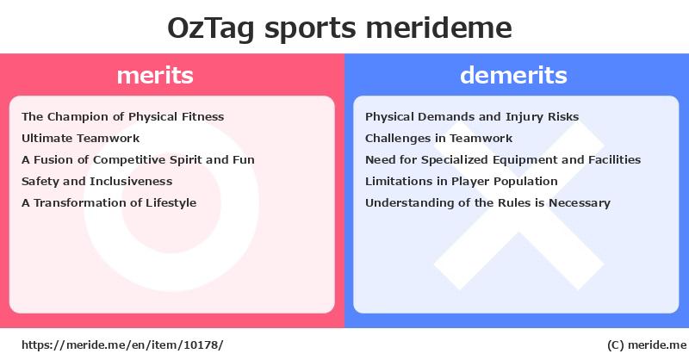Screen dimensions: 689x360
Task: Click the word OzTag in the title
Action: tap(210, 28)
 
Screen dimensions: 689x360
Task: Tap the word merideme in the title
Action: tap(438, 28)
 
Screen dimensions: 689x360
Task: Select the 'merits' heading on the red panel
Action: tap(155, 75)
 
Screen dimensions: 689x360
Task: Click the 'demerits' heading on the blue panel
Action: tap(513, 75)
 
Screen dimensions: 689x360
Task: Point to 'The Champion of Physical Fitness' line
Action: tap(122, 116)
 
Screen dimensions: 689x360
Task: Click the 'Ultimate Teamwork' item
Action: tap(80, 138)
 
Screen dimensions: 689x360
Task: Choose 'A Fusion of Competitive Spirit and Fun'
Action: tap(138, 159)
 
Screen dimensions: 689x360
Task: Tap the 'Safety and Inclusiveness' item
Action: tap(96, 181)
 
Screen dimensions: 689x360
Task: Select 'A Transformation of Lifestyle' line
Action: tap(109, 202)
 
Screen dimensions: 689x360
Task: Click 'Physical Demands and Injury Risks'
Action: tap(472, 116)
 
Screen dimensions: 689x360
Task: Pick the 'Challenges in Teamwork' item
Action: tap(438, 138)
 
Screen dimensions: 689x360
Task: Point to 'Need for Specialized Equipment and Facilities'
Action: tap(503, 159)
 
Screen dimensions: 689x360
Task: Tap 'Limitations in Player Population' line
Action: tap(462, 181)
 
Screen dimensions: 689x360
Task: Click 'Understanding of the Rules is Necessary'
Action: tap(487, 202)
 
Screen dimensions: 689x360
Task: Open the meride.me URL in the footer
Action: tap(122, 345)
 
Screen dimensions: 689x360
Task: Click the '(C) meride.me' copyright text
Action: tap(647, 345)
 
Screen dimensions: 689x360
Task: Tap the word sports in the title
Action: tap(310, 29)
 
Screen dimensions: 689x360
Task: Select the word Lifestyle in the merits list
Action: tap(171, 203)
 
